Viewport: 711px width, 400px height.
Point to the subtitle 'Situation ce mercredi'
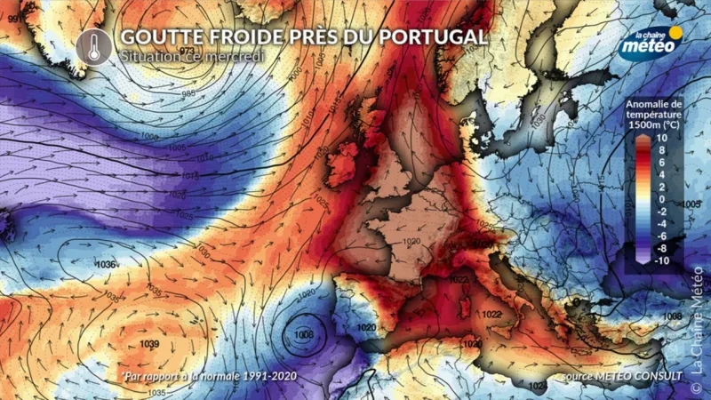point(193,56)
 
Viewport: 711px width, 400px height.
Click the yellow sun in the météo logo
point(675,34)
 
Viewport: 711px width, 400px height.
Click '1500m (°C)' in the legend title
point(655,125)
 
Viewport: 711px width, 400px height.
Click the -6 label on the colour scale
point(662,236)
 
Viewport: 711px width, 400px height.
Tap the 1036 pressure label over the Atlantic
point(106,265)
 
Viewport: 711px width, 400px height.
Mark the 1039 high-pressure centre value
point(149,344)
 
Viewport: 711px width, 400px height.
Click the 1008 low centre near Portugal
point(305,336)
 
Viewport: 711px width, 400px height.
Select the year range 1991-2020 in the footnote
point(264,377)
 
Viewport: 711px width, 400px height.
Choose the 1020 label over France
point(410,242)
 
